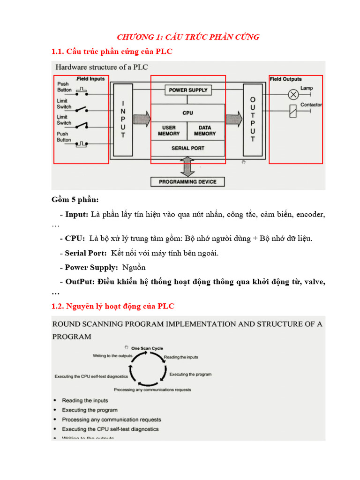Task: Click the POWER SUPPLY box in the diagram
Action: point(188,90)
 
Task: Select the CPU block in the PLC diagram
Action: point(187,113)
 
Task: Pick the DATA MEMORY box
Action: point(204,131)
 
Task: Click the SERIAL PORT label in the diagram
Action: point(187,148)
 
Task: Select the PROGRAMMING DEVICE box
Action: point(187,182)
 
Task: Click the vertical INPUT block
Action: point(123,119)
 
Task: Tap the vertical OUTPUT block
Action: point(253,120)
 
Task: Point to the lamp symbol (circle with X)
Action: point(293,95)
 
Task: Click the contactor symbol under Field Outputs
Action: point(293,111)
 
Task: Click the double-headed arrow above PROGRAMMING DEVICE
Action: point(187,166)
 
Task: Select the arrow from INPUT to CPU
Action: point(142,118)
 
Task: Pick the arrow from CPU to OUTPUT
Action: point(234,118)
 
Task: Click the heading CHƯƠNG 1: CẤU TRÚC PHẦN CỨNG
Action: point(188,37)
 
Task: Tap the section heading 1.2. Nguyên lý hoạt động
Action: point(113,306)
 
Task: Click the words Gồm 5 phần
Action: point(75,200)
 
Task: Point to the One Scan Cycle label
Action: point(148,348)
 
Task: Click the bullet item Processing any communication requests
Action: point(111,420)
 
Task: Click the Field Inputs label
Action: point(90,79)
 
